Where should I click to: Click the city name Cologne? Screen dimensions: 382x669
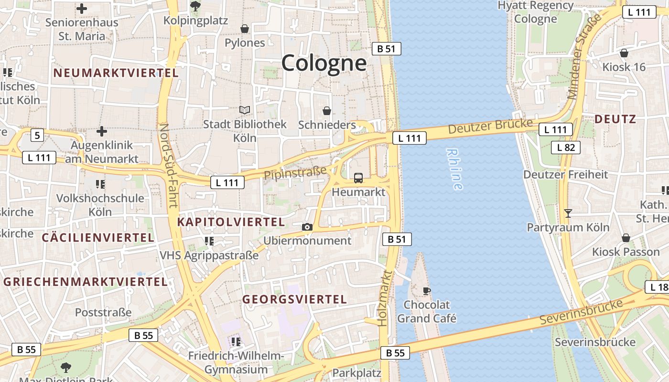[324, 63]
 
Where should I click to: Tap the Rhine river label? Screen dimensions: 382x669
[454, 169]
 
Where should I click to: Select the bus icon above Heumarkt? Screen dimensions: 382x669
[358, 178]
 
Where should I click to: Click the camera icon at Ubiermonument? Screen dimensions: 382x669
[307, 227]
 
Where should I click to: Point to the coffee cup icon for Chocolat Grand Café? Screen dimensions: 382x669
[427, 290]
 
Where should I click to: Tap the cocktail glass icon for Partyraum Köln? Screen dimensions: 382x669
[568, 213]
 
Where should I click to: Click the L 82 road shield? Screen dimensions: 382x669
[566, 148]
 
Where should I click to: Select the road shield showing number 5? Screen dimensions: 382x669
[37, 135]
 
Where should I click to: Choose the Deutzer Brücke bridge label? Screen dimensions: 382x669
[490, 126]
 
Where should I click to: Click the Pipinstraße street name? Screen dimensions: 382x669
[296, 173]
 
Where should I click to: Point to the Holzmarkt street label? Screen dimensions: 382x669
[385, 298]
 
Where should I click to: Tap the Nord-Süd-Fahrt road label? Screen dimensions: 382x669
[169, 166]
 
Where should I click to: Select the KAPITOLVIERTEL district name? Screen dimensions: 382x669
[231, 222]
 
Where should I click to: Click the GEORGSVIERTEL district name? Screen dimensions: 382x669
[294, 299]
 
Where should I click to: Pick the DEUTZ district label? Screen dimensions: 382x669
[615, 119]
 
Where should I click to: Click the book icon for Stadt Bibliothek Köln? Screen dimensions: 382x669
[245, 110]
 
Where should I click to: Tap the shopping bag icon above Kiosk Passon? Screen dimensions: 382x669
[626, 237]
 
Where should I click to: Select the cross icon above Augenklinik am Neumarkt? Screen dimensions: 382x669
[102, 131]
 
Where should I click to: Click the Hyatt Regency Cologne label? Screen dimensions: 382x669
[535, 12]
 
